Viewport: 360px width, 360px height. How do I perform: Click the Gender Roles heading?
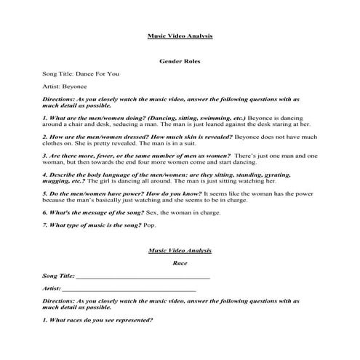(180, 62)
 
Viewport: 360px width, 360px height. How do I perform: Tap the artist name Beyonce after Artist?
(75, 87)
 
